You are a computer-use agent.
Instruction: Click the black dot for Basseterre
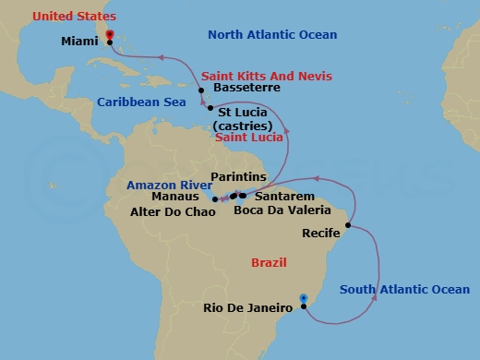coord(201,90)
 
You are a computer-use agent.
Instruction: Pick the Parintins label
coord(238,177)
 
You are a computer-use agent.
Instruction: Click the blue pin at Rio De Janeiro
coord(304,298)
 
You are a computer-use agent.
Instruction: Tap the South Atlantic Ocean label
coord(404,290)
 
